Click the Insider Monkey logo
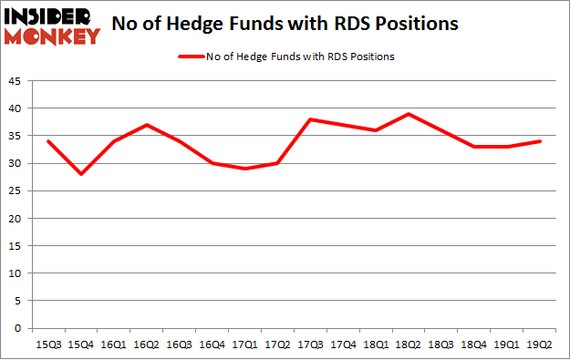(52, 26)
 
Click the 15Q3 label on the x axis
(47, 344)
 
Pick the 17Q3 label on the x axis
(310, 344)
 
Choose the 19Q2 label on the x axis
(540, 344)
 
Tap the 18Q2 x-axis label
(409, 344)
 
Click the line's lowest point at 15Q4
(80, 174)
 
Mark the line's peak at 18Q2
(409, 114)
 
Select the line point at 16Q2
(146, 125)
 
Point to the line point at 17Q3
(310, 119)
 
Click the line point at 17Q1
(244, 169)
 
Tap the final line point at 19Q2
(540, 141)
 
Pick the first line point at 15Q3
(47, 141)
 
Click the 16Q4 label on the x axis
(212, 344)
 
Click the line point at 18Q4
(474, 147)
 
